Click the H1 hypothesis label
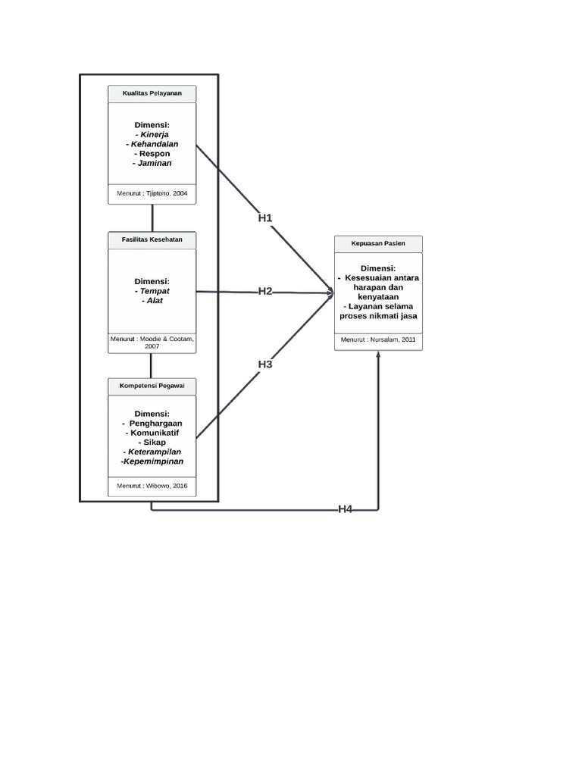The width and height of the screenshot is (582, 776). (x=265, y=217)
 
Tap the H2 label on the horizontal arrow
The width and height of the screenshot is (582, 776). (x=265, y=291)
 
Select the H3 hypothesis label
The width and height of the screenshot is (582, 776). (x=265, y=365)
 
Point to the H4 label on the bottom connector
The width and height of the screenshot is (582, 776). (x=346, y=509)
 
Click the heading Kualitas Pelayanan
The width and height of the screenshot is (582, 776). (x=152, y=93)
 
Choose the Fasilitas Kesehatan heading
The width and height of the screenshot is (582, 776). (x=152, y=239)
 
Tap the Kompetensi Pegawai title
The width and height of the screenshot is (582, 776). (x=152, y=386)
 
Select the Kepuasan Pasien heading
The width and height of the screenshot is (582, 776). (x=378, y=243)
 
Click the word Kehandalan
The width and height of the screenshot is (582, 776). (x=155, y=144)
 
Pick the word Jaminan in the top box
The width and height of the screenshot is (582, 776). (x=155, y=163)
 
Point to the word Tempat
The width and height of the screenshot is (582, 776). (x=155, y=291)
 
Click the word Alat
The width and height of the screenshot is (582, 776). (x=155, y=300)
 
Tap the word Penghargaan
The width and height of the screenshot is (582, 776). (x=156, y=423)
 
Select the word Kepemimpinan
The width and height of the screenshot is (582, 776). (x=153, y=462)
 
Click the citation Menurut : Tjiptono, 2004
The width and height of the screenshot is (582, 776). (x=152, y=193)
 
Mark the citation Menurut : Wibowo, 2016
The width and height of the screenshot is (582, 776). (x=152, y=486)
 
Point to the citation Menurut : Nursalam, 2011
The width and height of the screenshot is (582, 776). (x=378, y=339)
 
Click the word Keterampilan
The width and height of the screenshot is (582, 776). (x=155, y=452)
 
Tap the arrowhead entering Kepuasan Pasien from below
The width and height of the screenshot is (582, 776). (x=379, y=354)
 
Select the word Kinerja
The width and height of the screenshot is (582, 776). (x=155, y=135)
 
